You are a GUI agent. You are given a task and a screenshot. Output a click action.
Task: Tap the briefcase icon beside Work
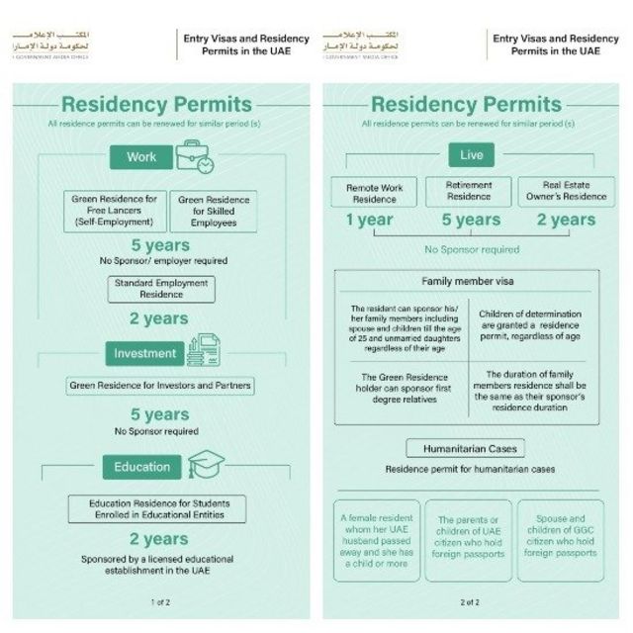point(194,155)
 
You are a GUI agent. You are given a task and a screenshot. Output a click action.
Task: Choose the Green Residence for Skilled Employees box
point(213,212)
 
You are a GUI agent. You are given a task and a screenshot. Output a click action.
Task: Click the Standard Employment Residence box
point(160,288)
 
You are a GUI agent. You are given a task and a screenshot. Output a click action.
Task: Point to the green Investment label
point(145,353)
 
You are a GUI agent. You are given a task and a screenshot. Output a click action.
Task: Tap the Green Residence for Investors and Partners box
point(160,385)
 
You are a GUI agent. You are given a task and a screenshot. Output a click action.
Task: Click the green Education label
point(142,467)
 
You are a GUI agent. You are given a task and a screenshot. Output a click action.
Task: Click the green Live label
point(471,155)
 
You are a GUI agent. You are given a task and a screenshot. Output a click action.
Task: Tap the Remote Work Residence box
point(375,192)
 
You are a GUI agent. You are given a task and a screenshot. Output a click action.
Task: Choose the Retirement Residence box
point(469,191)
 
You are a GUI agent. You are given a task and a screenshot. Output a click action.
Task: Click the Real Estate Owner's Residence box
point(567,192)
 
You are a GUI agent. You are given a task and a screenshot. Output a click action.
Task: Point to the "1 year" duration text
point(370,220)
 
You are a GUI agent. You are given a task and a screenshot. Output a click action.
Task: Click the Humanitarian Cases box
point(464,448)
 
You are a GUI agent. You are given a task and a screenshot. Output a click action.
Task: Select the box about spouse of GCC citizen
point(561,539)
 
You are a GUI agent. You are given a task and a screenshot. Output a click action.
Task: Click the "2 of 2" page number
point(470,601)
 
